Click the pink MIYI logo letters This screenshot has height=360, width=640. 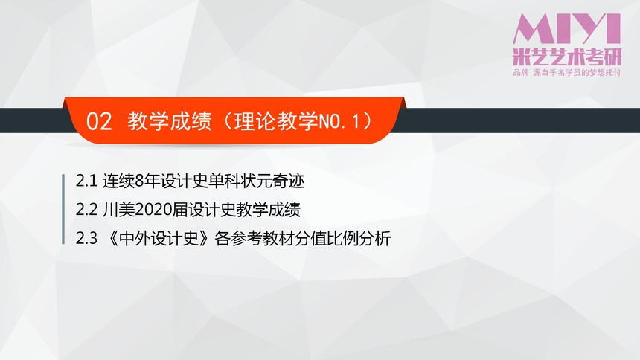coord(567,28)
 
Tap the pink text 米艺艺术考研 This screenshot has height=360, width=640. coord(567,57)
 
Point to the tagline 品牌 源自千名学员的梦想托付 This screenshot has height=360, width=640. coord(567,73)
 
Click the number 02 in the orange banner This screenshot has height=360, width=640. coord(99,122)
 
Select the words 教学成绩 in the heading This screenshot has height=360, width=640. coord(170,121)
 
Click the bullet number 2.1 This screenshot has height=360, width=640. coord(86,181)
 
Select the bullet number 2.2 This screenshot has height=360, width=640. coord(86,210)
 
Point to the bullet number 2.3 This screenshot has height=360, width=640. coord(86,238)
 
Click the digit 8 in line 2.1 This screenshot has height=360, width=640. coord(139,181)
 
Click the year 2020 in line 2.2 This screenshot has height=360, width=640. coord(153,210)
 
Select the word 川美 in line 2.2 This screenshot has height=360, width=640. coord(118,210)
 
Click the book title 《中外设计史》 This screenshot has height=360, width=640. coord(159,238)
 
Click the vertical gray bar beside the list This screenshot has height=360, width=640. coord(63,210)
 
